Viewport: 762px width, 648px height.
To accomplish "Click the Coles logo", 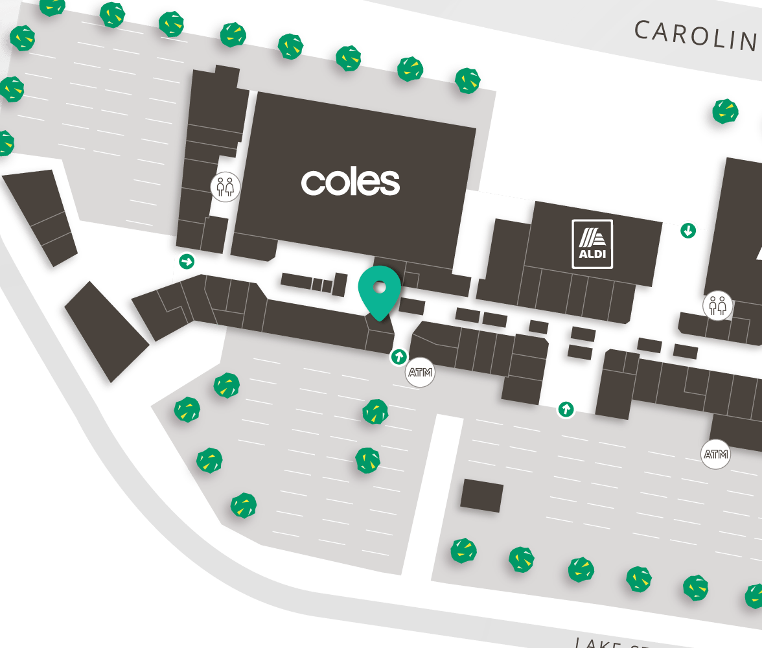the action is (x=351, y=182).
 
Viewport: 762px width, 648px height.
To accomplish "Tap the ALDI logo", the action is (x=592, y=244).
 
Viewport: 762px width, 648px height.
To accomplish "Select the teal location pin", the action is (x=380, y=290).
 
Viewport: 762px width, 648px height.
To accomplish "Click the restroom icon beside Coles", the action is (x=225, y=188).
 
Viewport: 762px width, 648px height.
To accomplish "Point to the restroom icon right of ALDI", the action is (x=718, y=305).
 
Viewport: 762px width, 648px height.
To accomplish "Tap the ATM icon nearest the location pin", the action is (x=420, y=373).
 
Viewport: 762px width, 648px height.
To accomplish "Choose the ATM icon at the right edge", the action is (x=716, y=454).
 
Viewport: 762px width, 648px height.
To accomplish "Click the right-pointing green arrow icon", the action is (x=187, y=262).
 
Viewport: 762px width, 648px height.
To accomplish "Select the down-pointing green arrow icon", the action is (x=688, y=229).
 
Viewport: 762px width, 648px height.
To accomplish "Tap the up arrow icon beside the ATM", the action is (x=398, y=356).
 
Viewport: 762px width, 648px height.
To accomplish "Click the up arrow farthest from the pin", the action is (x=566, y=409).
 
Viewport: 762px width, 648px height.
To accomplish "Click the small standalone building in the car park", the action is (x=481, y=496).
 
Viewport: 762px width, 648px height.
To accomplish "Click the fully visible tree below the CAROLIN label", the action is (x=725, y=111).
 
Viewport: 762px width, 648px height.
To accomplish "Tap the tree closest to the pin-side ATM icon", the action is (x=375, y=411).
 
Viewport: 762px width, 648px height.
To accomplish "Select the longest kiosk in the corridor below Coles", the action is (x=296, y=281).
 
